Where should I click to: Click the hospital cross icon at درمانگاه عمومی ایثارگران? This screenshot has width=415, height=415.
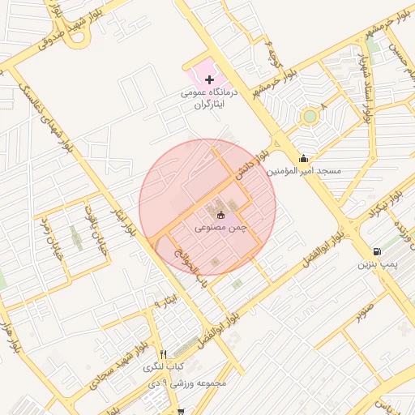coord(210,79)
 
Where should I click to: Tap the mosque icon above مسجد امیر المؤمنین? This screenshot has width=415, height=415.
coord(303,159)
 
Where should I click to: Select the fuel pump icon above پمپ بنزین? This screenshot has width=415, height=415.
coord(377,252)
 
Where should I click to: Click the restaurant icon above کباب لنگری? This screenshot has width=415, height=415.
coord(164,354)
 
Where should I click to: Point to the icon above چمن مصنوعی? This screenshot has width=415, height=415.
coord(221,215)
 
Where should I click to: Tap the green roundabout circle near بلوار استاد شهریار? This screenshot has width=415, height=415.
coord(310,117)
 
